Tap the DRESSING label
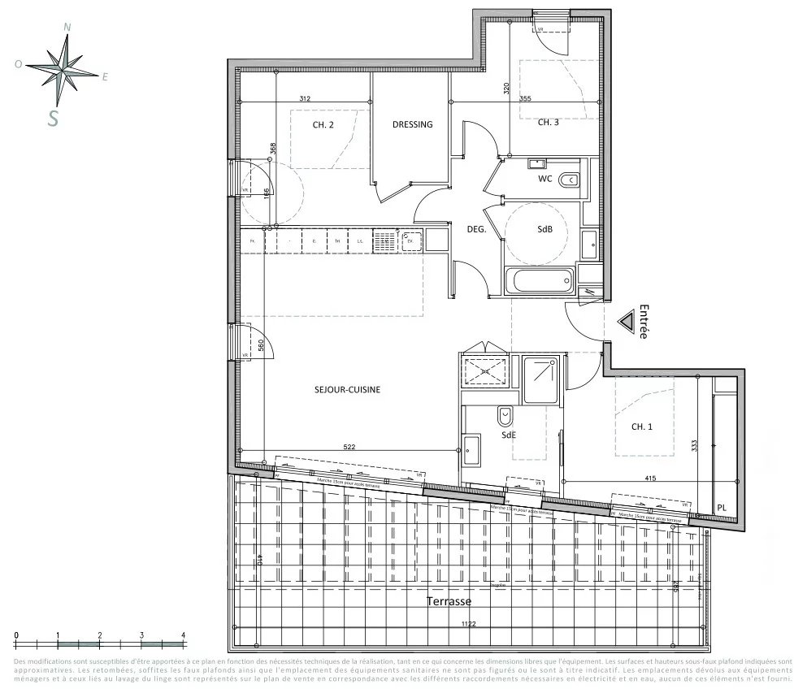tap(412, 124)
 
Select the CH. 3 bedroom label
tap(548, 123)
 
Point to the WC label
tap(545, 179)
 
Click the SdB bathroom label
tap(545, 230)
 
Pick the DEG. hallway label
tap(475, 230)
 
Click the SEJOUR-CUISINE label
tap(347, 390)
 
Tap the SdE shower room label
tap(509, 435)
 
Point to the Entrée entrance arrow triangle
tap(627, 323)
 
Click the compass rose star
tap(63, 67)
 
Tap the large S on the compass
tap(54, 119)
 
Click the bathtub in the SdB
tap(539, 281)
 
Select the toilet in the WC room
tap(570, 180)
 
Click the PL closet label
tap(721, 509)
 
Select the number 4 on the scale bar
tap(183, 635)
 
